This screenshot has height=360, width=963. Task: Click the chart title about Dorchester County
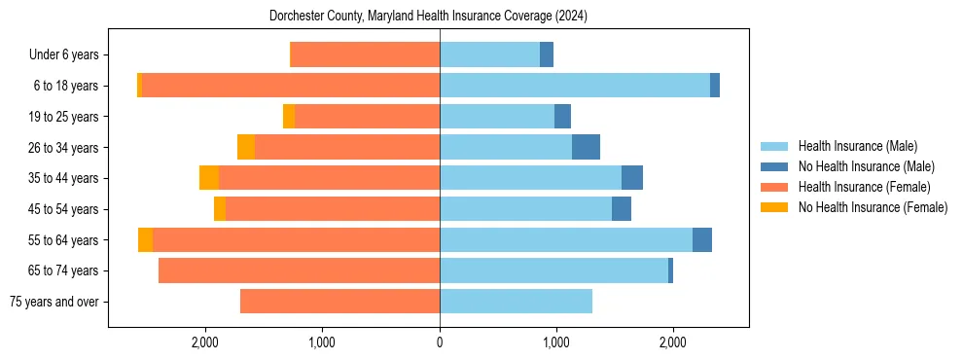coord(428,16)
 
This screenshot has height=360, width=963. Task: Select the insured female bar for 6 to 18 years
coord(291,86)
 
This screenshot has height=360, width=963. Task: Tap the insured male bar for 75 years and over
coord(516,302)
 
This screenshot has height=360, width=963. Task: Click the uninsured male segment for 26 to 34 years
coord(586,147)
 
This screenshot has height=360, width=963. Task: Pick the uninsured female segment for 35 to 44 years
coord(209,178)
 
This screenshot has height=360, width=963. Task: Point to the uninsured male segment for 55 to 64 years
coord(702,239)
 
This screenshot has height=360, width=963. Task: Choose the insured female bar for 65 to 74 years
coord(299,270)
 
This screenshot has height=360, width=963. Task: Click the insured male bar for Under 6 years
coord(489,54)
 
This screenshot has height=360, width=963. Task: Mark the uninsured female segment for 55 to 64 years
coord(145,239)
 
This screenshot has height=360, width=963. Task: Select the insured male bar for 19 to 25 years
coord(497,117)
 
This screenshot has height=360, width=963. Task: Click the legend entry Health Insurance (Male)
coord(856,146)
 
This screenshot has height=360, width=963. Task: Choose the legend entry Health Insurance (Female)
coord(864,187)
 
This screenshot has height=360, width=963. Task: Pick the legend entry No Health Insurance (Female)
coord(873,207)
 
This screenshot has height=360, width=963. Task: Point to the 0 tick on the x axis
coord(440,342)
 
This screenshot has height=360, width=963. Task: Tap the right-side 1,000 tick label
coord(556,342)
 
